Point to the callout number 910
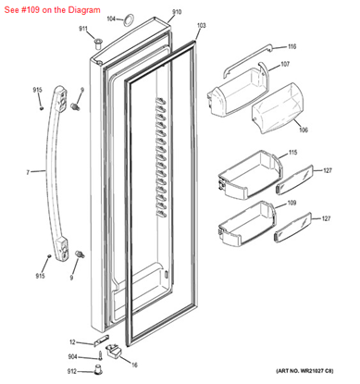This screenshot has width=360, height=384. [x=177, y=12]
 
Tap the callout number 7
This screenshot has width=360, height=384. [x=28, y=172]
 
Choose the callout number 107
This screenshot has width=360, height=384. [x=284, y=64]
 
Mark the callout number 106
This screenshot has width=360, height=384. [x=277, y=130]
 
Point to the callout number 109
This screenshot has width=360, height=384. [x=291, y=203]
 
